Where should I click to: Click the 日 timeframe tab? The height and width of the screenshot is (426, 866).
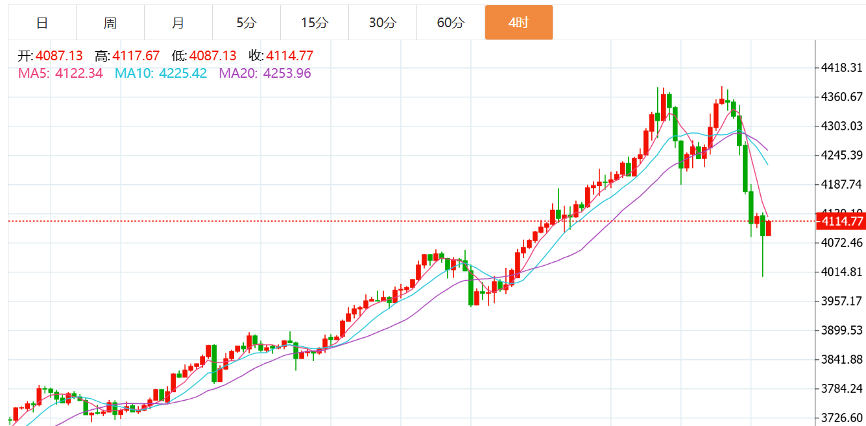(x=42, y=23)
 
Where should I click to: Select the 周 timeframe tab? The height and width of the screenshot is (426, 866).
(x=110, y=23)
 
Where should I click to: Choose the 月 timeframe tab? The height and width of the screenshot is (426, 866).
(x=178, y=23)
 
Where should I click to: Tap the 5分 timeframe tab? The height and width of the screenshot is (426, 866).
(x=247, y=23)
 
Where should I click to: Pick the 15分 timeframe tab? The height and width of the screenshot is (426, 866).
(x=315, y=23)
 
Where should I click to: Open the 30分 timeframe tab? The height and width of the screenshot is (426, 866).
(x=383, y=23)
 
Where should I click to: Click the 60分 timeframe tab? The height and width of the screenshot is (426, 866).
(x=451, y=23)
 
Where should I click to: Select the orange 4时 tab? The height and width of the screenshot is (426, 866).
(x=519, y=23)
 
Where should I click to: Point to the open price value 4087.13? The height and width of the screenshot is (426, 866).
(x=59, y=56)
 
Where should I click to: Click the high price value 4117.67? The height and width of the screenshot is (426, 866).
(x=136, y=56)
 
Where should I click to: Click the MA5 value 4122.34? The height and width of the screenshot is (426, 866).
(x=79, y=73)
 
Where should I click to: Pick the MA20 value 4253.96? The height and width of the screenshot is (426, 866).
(x=287, y=73)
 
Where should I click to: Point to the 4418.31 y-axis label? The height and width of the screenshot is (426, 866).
(x=841, y=68)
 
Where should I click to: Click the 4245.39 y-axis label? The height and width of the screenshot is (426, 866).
(x=841, y=156)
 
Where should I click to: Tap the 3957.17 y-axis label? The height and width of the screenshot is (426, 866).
(x=841, y=302)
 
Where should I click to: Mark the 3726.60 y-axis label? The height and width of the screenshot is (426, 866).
(x=841, y=418)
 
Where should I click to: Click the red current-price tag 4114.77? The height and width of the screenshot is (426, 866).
(x=841, y=222)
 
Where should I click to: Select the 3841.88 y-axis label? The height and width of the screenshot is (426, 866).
(x=841, y=360)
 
